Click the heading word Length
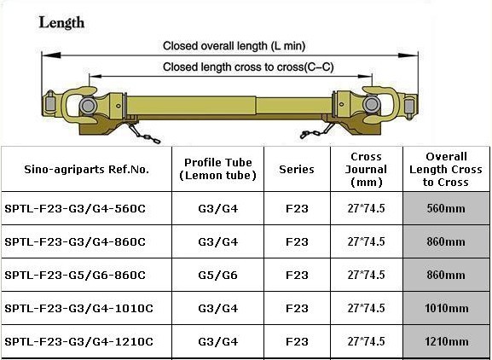(61, 23)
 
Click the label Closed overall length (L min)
(234, 46)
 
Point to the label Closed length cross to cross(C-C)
(248, 67)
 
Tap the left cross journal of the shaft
(88, 105)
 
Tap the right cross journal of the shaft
(372, 105)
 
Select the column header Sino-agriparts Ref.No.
(87, 170)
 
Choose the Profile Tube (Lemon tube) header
(217, 169)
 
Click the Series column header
(297, 170)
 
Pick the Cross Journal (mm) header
(366, 170)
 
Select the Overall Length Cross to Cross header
(446, 170)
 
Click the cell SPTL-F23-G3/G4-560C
(75, 208)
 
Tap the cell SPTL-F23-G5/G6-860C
(75, 275)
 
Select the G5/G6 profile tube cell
(217, 275)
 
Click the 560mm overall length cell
(446, 208)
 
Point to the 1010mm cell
(447, 308)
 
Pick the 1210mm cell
(447, 341)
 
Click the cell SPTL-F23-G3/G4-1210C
(78, 341)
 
